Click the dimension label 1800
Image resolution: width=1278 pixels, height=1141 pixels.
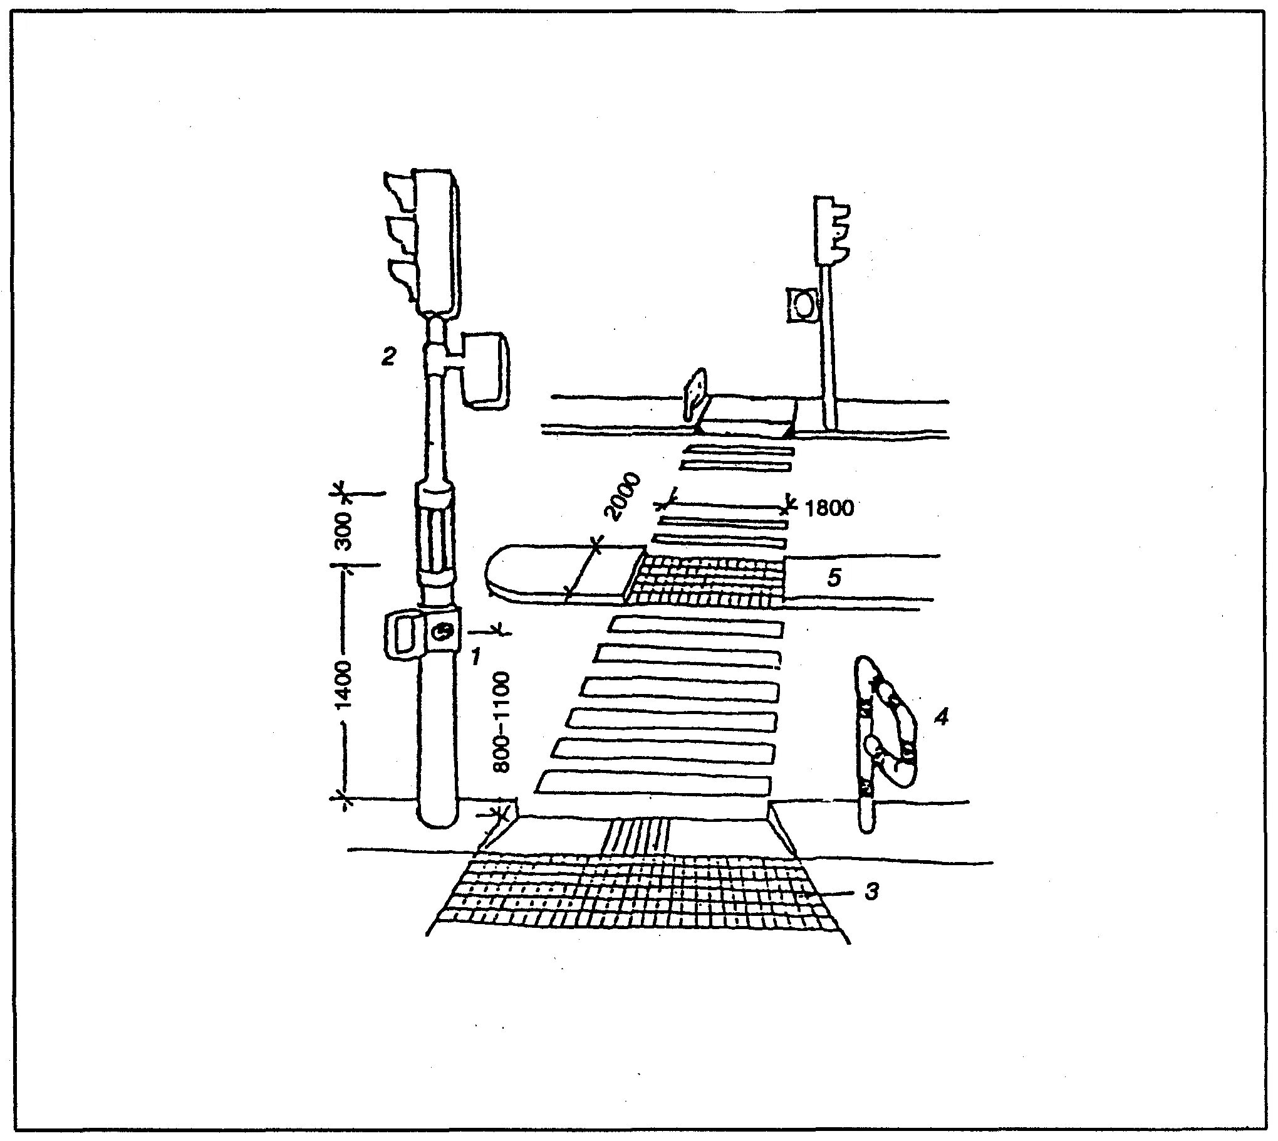pos(829,508)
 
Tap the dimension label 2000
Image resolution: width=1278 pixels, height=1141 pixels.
pos(622,497)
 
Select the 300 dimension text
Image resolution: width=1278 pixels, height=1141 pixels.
pos(343,530)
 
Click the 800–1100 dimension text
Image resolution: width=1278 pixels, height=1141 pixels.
pos(502,722)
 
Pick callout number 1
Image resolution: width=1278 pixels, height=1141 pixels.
pos(475,656)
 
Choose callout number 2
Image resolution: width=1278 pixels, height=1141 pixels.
pos(388,357)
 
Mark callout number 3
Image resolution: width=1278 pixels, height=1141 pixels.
pos(872,891)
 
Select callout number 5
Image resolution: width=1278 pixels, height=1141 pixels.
pos(833,577)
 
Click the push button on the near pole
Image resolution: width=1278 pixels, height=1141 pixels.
pos(444,631)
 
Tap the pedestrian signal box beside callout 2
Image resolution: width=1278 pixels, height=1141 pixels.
pos(486,371)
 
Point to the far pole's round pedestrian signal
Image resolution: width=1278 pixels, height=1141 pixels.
pos(803,305)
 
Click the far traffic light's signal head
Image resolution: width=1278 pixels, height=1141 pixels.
pos(831,230)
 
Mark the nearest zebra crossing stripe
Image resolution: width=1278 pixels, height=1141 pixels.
pos(653,783)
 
